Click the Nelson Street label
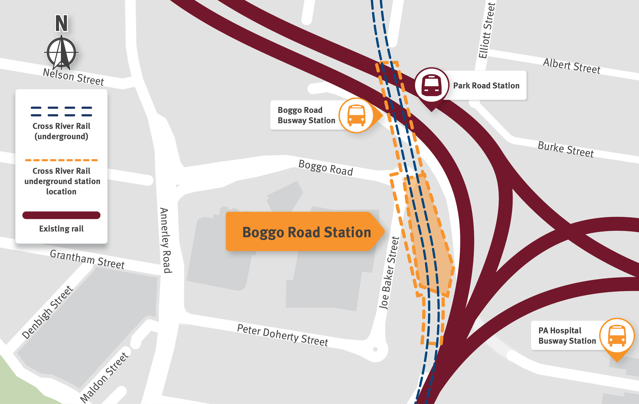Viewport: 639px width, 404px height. (73, 77)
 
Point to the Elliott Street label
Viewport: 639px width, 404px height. (487, 30)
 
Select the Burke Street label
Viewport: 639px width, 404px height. (566, 150)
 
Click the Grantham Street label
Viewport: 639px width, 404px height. (87, 259)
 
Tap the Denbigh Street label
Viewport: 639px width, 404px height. (47, 312)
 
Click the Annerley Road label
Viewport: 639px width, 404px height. (166, 240)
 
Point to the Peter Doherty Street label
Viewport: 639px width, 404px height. (282, 335)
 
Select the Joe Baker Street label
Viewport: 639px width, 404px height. (389, 273)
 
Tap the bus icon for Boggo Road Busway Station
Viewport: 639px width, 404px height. (356, 115)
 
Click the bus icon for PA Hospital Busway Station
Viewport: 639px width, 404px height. (617, 335)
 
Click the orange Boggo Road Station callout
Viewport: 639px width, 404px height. (305, 232)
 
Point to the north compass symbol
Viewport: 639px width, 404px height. (61, 53)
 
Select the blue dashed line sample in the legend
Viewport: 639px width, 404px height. (61, 111)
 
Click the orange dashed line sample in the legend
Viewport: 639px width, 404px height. (61, 160)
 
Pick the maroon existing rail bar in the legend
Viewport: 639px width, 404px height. (61, 215)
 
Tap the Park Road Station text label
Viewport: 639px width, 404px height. (486, 86)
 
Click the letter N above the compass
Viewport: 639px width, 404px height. (61, 23)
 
